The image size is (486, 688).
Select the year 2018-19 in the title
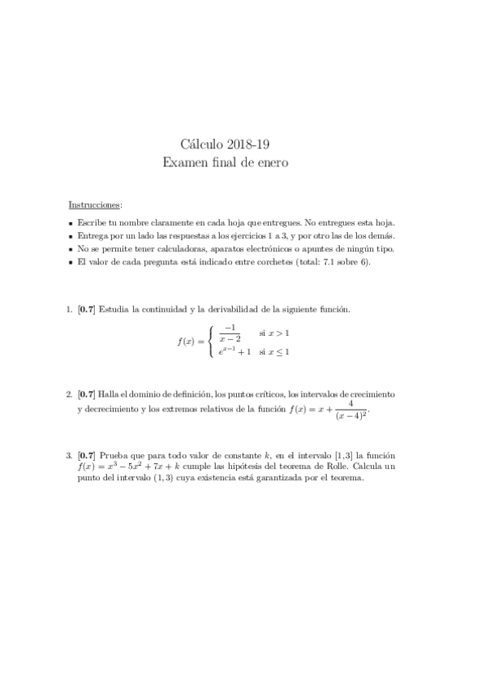[250, 145]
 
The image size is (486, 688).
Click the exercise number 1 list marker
[68, 310]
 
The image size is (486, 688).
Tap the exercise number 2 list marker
[68, 394]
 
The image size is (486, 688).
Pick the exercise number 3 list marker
[68, 457]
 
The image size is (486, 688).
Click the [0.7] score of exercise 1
[85, 310]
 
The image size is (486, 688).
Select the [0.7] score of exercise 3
[85, 457]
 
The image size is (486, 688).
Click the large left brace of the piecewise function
[211, 341]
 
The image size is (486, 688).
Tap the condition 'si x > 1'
[274, 333]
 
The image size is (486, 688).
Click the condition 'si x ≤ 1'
[274, 352]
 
